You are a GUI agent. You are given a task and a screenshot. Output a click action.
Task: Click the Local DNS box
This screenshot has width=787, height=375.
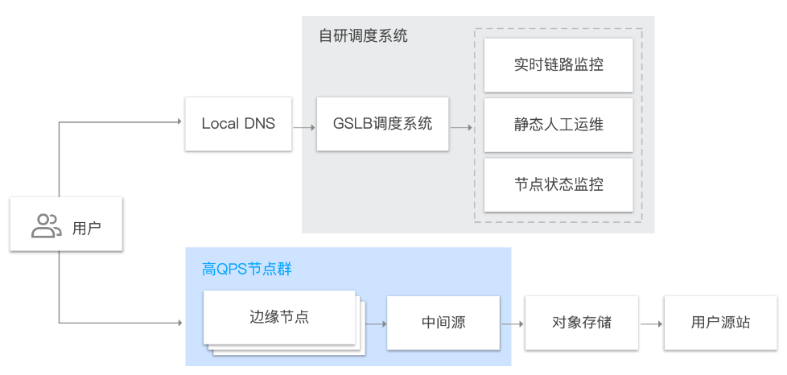coord(237,124)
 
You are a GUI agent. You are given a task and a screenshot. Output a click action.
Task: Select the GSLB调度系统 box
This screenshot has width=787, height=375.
coord(382,124)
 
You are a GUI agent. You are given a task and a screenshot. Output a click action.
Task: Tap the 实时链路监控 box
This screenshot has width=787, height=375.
coord(558,64)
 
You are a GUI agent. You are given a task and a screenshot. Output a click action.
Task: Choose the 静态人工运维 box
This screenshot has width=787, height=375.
coord(558,124)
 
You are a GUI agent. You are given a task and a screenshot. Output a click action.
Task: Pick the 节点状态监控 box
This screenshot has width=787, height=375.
coord(558,184)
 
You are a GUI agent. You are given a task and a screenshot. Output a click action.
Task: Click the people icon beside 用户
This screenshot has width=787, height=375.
coord(46,226)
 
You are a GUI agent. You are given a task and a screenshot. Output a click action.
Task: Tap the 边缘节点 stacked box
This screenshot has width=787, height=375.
coord(279,318)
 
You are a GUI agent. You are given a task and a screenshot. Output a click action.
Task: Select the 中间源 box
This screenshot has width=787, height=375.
coord(443,323)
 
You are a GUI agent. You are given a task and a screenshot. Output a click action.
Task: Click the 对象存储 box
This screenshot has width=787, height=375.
coord(582,323)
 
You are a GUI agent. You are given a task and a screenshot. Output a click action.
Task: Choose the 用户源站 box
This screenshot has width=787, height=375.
coord(720,323)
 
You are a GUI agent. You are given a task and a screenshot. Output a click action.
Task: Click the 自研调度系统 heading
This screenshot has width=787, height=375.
coord(363,36)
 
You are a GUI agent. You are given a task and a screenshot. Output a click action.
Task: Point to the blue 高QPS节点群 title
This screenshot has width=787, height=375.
coord(247,269)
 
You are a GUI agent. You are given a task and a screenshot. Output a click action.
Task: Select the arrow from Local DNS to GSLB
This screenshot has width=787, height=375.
coord(303,126)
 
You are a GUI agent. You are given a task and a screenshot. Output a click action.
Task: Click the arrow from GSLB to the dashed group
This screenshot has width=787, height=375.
coord(461,126)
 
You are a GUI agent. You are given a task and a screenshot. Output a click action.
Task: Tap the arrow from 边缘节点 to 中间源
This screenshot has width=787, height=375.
coord(376,323)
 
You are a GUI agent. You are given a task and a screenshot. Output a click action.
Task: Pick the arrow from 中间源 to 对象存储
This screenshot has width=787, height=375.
coord(513,323)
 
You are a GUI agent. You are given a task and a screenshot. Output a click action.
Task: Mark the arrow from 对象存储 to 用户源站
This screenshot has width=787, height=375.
coord(651,323)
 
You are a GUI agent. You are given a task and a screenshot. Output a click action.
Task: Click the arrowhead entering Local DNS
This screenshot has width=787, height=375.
coord(179,122)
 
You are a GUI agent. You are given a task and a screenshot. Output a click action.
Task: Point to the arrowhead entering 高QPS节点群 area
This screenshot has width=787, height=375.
coord(179,323)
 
